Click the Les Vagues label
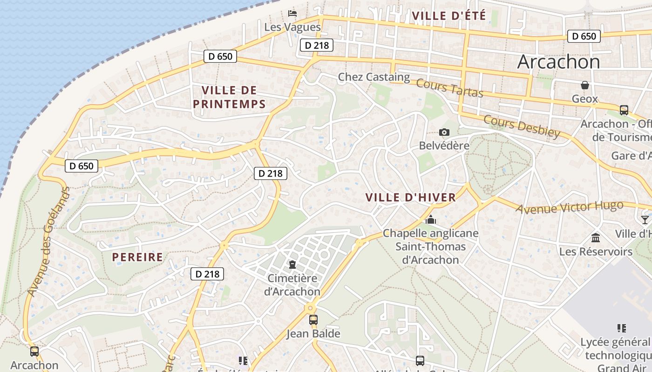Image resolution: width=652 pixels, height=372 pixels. pos(292,27)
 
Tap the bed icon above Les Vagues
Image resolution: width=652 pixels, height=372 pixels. pos(292,13)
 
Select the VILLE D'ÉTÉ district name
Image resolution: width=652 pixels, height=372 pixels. pos(449,16)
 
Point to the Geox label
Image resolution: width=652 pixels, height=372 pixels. pos(584,99)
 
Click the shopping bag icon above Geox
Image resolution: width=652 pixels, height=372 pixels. pos(585,85)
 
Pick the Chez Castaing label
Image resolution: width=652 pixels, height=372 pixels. pos(374,77)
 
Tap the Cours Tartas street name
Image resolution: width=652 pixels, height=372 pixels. pos(449,88)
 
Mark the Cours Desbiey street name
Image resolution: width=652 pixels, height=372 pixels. pos(522,126)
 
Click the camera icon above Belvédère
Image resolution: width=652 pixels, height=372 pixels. pos(444,133)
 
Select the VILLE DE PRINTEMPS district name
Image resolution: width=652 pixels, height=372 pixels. pos(229,97)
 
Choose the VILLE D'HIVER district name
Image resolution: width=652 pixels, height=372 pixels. pos(411,198)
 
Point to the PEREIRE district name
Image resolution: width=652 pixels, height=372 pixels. pos(138,257)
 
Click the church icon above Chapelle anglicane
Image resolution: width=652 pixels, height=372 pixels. pos(431,219)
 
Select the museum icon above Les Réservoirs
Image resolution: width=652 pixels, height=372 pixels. pos(596,238)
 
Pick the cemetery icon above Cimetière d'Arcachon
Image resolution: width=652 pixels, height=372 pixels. pos(292,265)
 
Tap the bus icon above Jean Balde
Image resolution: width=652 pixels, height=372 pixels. pos(313,320)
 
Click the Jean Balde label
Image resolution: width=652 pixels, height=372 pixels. pos(313,334)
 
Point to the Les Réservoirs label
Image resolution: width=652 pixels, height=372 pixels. pos(596,252)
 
